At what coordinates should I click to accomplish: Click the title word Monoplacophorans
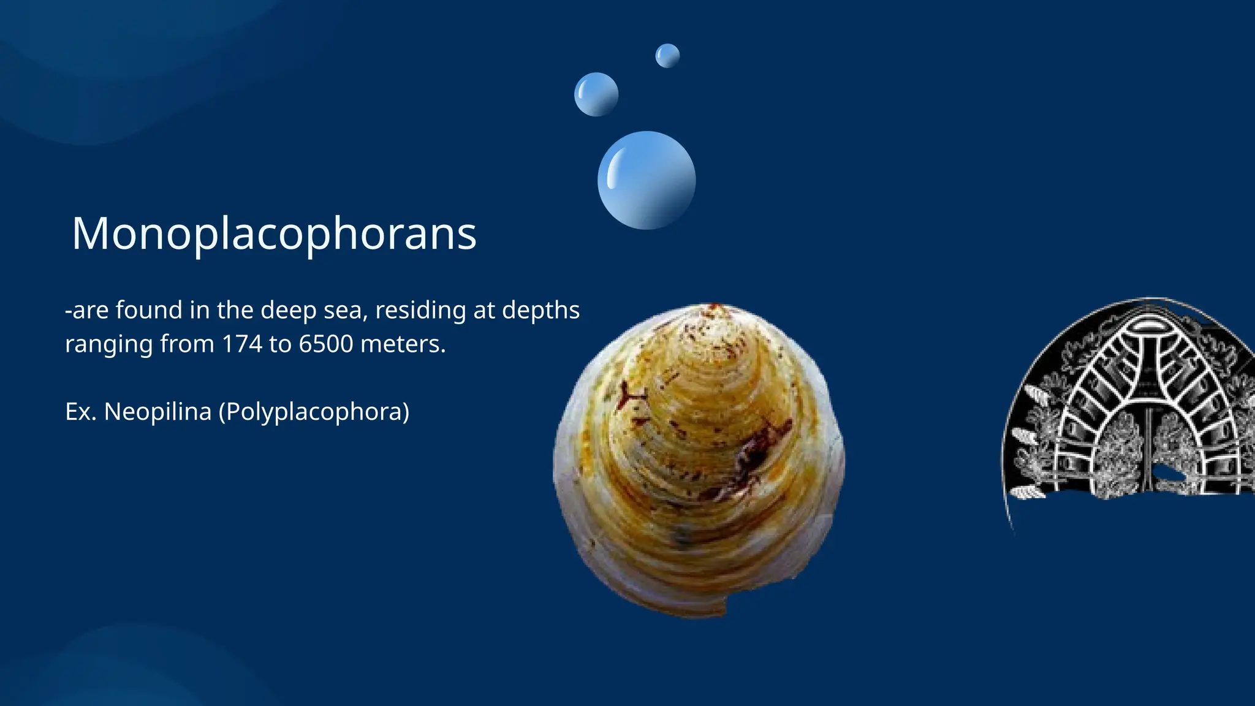pyautogui.click(x=274, y=233)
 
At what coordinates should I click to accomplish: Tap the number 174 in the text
pyautogui.click(x=242, y=344)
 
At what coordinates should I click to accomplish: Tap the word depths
pyautogui.click(x=540, y=311)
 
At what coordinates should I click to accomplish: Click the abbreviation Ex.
pyautogui.click(x=80, y=412)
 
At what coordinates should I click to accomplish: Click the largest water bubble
pyautogui.click(x=646, y=180)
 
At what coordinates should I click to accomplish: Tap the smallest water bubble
pyautogui.click(x=667, y=56)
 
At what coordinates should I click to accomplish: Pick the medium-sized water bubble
pyautogui.click(x=596, y=94)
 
